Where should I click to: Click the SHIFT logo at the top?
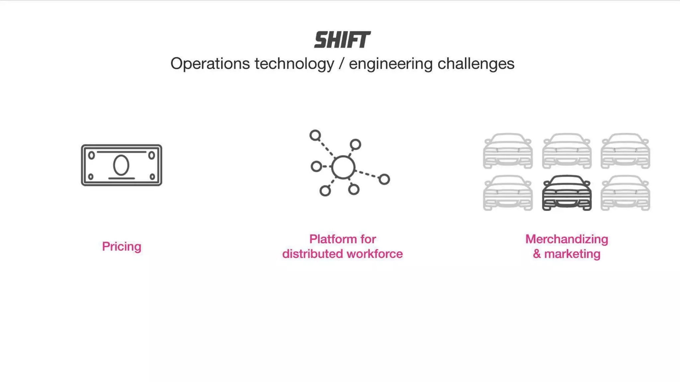pos(342,40)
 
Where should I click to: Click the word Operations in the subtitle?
pos(210,63)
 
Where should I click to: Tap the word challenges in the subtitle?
pos(475,63)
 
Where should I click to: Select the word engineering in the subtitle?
pos(390,63)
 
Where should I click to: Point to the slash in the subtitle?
pos(341,63)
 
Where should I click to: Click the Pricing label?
pos(122,246)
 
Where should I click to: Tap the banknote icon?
pos(122,165)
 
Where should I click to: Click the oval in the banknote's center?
pos(121,165)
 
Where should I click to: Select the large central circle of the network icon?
pos(343,167)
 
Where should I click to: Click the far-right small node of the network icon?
pos(384,179)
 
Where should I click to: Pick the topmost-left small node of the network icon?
pos(315,135)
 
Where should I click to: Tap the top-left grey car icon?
pos(508,151)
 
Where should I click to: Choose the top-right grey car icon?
pos(625,151)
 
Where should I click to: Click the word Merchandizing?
pos(567,239)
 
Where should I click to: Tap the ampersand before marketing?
pos(537,254)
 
